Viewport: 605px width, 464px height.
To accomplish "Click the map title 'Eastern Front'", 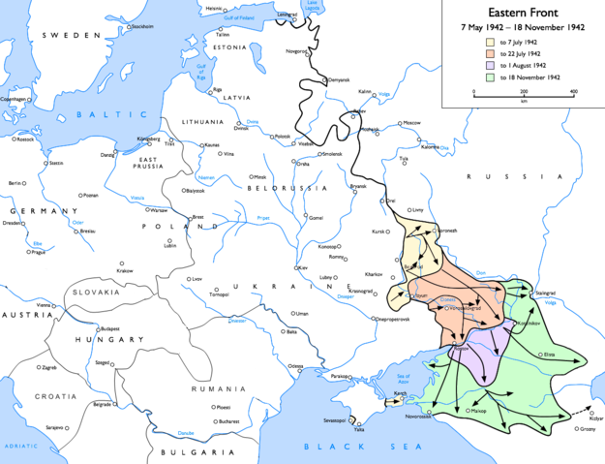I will (x=523, y=11).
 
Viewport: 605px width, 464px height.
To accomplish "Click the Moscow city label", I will (x=413, y=123).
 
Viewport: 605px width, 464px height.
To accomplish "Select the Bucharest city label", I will (x=228, y=421).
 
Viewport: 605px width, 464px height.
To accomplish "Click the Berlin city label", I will (x=15, y=183).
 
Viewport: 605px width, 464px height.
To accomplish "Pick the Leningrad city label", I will (x=287, y=15).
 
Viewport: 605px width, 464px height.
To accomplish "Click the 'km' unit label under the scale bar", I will (x=523, y=101).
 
